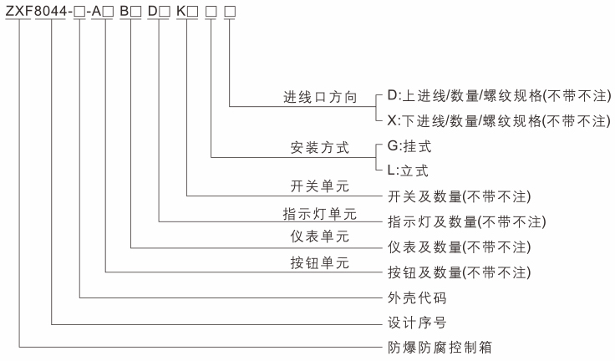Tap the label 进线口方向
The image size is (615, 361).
(320, 98)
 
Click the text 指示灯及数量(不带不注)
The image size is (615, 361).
(466, 222)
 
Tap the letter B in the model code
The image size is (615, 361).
(125, 11)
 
